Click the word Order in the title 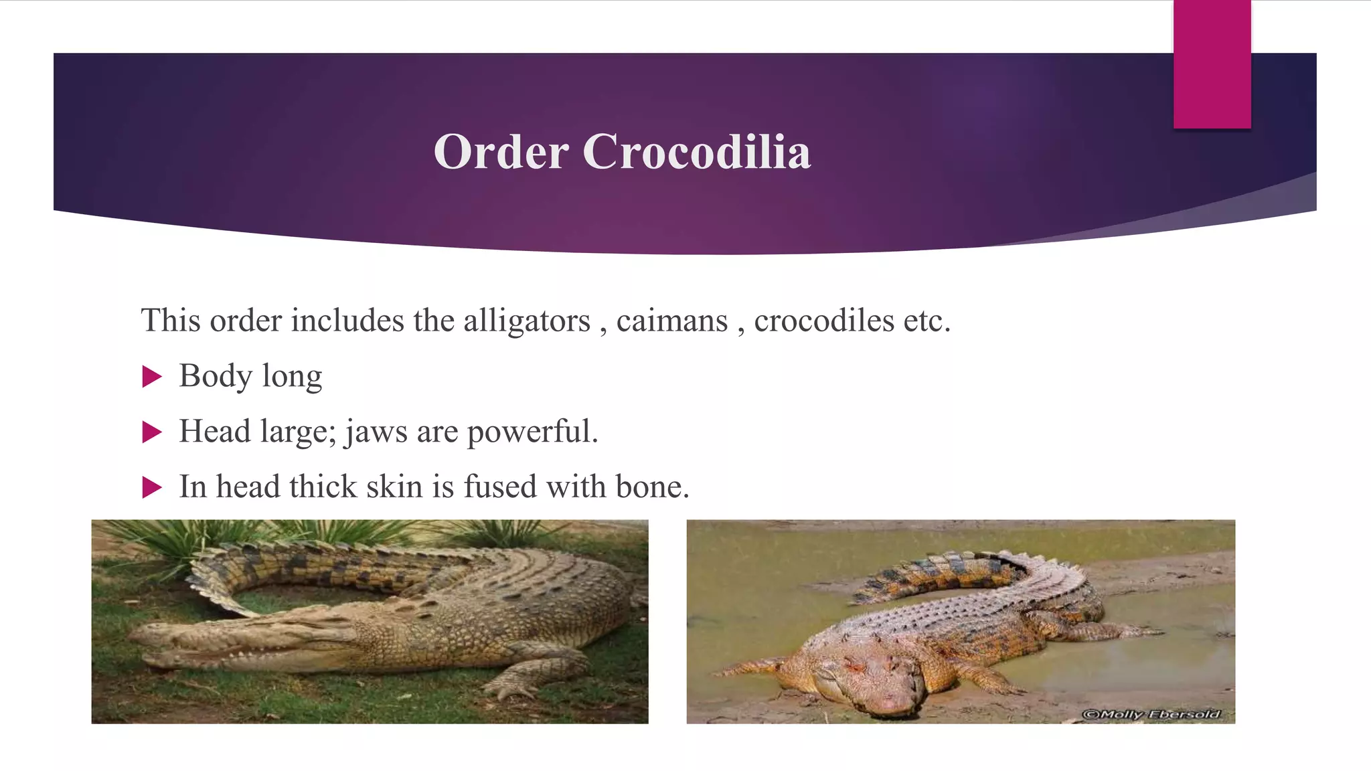(x=501, y=152)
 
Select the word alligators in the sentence (x=527, y=321)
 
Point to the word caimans (x=671, y=321)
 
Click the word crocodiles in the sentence (x=823, y=321)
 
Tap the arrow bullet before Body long (x=153, y=377)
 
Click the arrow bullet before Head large (x=153, y=432)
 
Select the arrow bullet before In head (x=153, y=488)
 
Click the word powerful (x=532, y=432)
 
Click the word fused (x=501, y=487)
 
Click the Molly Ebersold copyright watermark (x=1151, y=714)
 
